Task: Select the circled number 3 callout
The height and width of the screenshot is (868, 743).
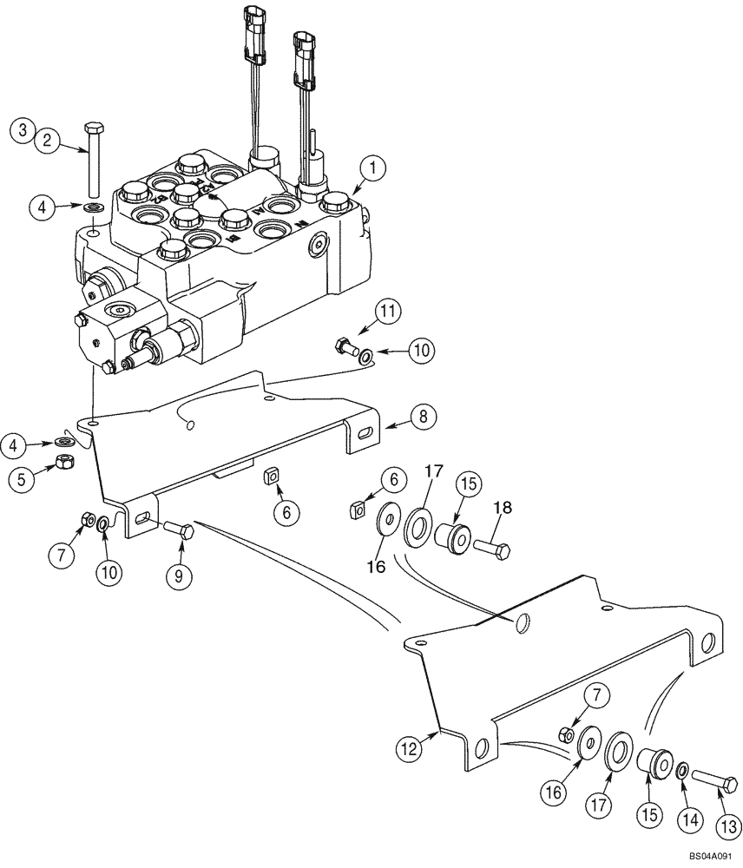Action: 22,131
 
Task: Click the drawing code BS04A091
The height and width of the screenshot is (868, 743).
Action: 711,858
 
